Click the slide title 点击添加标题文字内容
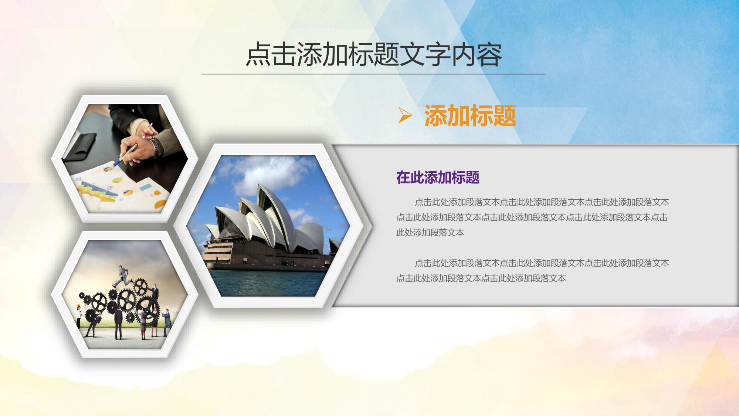[374, 55]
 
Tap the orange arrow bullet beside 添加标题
[405, 115]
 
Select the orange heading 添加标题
[470, 116]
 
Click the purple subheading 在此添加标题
[438, 177]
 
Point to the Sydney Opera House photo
[268, 226]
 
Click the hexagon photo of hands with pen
[125, 159]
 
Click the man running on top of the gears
[122, 276]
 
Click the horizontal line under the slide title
[374, 74]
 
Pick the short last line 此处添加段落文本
[430, 233]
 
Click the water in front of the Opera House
[266, 283]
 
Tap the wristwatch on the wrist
[157, 147]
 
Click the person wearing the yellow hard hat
[78, 316]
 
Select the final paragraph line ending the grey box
[481, 278]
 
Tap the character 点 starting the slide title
[258, 55]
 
